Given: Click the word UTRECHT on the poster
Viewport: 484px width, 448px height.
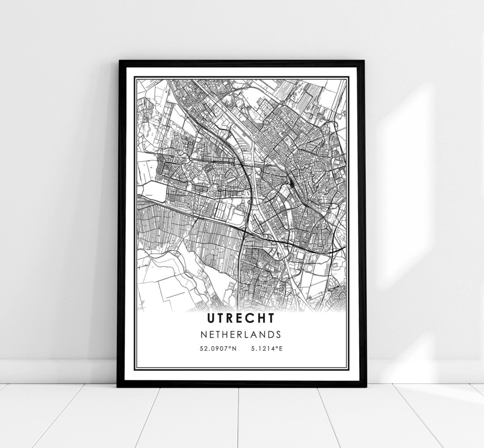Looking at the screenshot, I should pyautogui.click(x=241, y=318).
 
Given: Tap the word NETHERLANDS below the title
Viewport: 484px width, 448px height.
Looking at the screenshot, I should pyautogui.click(x=241, y=334).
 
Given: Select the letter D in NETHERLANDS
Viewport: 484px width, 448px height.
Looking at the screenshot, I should pyautogui.click(x=273, y=334).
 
